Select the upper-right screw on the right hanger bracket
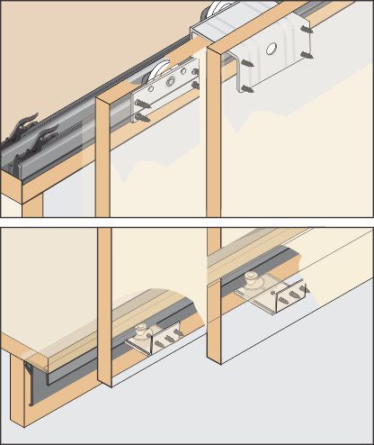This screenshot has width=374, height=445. point(307,30)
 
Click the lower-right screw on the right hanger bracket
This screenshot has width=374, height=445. point(307,56)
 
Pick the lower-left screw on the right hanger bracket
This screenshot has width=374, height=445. point(245,88)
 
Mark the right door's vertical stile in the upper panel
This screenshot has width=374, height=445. point(213,135)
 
